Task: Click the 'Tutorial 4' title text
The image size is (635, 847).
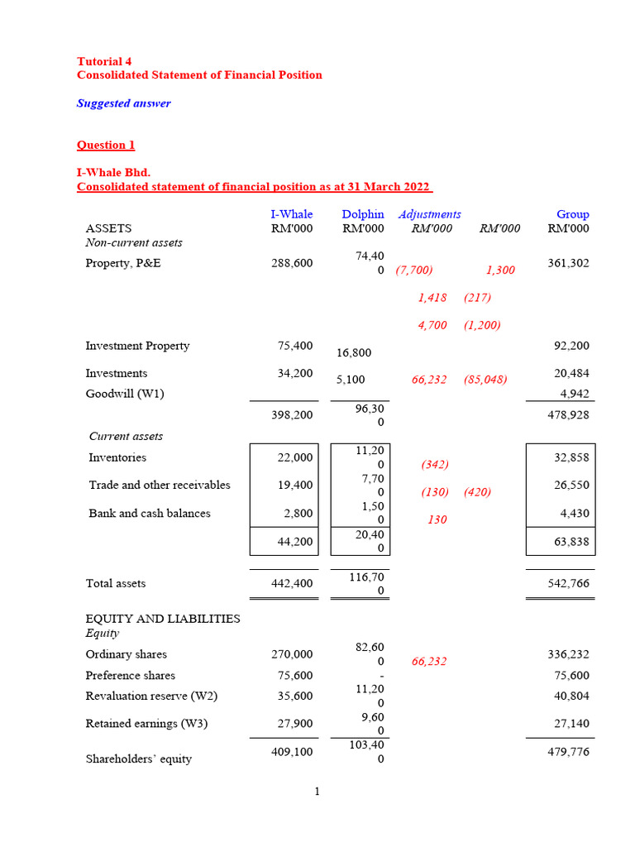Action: tap(104, 61)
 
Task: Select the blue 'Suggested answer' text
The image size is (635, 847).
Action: tap(124, 103)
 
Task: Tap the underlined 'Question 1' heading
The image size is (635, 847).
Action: tap(106, 145)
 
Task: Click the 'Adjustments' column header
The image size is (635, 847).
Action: tap(430, 214)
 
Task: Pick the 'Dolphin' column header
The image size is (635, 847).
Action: tap(363, 214)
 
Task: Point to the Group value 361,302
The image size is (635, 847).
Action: tap(568, 263)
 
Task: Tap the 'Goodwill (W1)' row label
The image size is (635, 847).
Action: tap(125, 394)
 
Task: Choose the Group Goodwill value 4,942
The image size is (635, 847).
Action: tap(575, 394)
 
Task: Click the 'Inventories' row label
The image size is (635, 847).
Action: tap(117, 457)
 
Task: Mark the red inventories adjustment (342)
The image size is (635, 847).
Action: tap(435, 465)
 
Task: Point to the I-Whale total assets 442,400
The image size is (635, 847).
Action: tap(292, 583)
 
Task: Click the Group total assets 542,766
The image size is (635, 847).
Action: tap(568, 583)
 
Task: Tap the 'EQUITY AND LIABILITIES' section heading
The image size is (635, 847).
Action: tap(163, 619)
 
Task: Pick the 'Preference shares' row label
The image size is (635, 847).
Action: tap(131, 675)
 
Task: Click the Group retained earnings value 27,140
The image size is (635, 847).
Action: tap(571, 723)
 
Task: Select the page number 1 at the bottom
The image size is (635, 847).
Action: tap(317, 792)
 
